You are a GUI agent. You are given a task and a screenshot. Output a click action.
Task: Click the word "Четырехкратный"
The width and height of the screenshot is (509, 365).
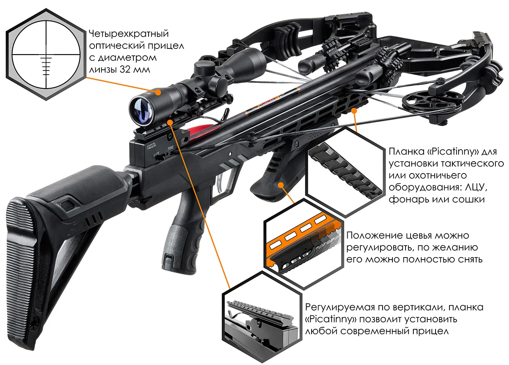coord(128,34)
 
